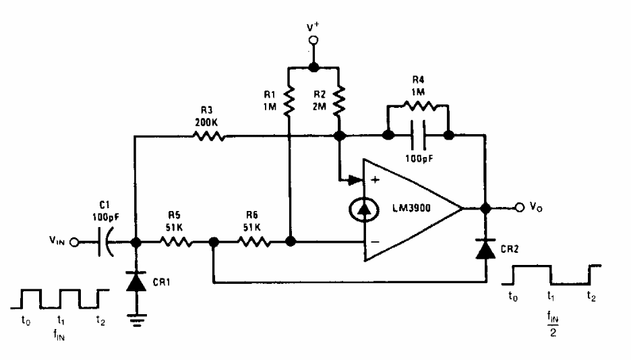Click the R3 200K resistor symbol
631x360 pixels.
point(208,136)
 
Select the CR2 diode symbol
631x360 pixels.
point(485,249)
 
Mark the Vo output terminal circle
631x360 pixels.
point(520,208)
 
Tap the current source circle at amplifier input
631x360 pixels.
point(365,210)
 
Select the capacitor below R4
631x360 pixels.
point(418,136)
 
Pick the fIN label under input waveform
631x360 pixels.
point(61,332)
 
